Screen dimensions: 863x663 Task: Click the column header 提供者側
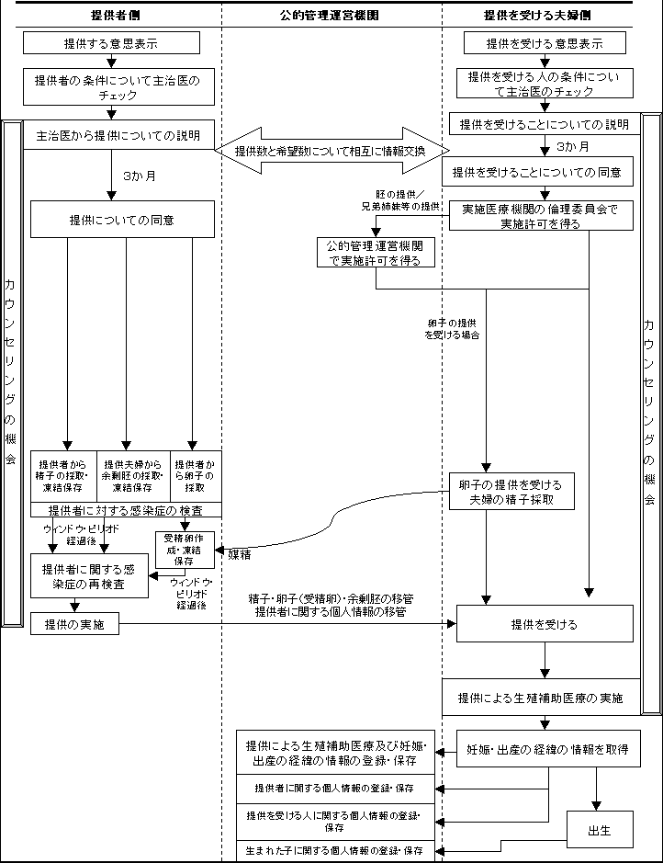pyautogui.click(x=110, y=15)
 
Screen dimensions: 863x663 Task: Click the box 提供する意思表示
pyautogui.click(x=110, y=43)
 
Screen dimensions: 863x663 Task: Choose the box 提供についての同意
pyautogui.click(x=122, y=221)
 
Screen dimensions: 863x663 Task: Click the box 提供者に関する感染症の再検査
pyautogui.click(x=89, y=576)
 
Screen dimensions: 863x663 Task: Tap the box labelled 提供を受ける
pyautogui.click(x=545, y=624)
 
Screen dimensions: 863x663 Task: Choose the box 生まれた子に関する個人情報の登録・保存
pyautogui.click(x=334, y=851)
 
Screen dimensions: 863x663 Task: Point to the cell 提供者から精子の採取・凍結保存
pyautogui.click(x=63, y=476)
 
